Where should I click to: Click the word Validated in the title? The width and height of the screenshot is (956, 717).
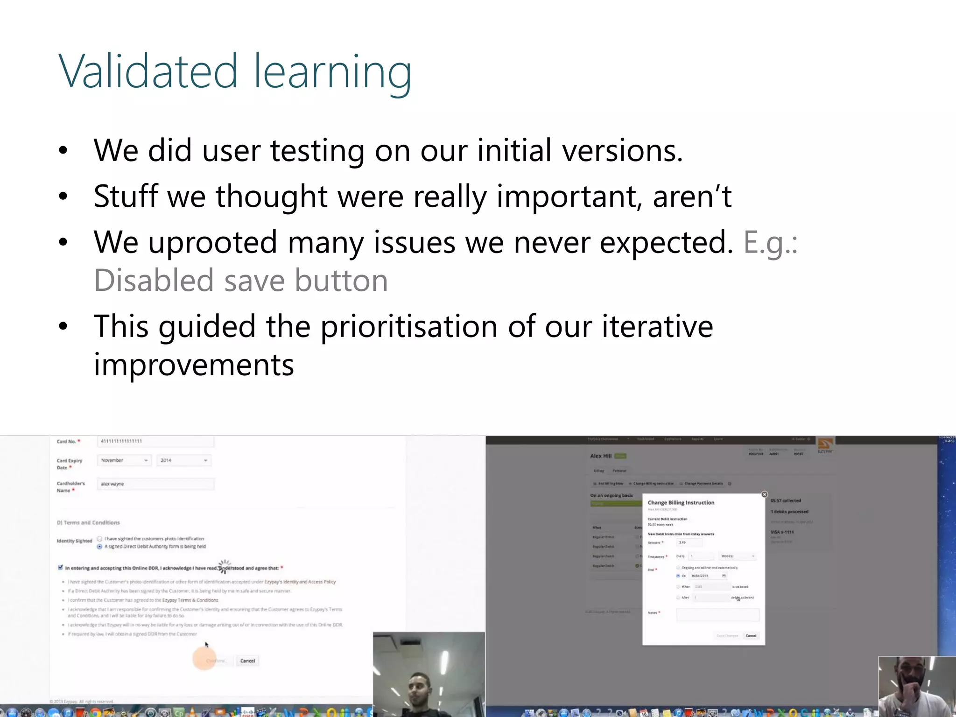click(148, 72)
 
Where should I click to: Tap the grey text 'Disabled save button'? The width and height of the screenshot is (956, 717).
click(241, 281)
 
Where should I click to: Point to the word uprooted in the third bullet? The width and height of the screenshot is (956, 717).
click(213, 243)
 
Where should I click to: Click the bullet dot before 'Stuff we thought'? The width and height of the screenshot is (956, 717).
click(63, 197)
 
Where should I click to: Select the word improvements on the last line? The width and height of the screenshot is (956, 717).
click(194, 365)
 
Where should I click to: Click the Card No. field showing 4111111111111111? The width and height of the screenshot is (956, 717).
click(156, 441)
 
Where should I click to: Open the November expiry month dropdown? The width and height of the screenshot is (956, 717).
click(124, 460)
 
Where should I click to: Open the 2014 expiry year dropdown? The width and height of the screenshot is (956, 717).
click(183, 460)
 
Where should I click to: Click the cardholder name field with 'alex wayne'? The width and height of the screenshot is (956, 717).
click(156, 484)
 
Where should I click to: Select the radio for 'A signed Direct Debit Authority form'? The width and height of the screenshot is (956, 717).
click(99, 547)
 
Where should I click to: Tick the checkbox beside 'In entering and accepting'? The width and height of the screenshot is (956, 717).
click(60, 568)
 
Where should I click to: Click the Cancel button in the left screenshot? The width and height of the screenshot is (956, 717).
click(247, 661)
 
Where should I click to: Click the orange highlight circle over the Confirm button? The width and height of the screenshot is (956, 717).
click(204, 659)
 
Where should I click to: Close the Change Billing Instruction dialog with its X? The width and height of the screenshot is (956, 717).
click(764, 494)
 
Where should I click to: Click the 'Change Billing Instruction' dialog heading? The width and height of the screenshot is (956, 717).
click(681, 503)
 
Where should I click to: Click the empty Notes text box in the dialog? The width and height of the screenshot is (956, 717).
click(717, 615)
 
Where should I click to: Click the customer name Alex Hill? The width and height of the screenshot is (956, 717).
click(601, 456)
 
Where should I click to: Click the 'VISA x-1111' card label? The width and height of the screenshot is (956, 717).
click(782, 532)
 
